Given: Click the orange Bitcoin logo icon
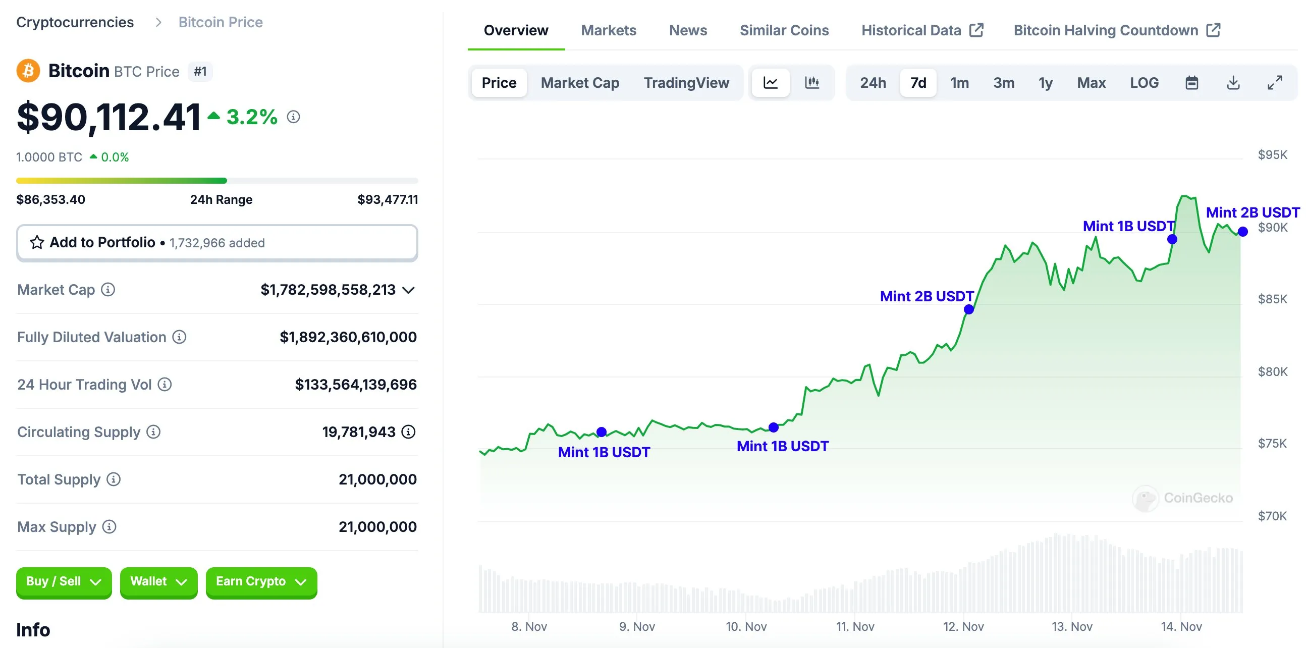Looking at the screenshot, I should tap(28, 71).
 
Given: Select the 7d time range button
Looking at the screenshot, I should tap(917, 83).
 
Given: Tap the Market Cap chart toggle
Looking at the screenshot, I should tap(579, 83).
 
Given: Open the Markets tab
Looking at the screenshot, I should tap(608, 30).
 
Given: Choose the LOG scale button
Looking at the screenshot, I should tap(1144, 83).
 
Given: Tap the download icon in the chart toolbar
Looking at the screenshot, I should tap(1233, 83).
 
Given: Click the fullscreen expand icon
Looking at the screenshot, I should tap(1275, 83).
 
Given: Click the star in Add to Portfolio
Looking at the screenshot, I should tap(37, 242).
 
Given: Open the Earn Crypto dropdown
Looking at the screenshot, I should tap(261, 581).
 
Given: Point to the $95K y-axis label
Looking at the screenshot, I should tap(1272, 154).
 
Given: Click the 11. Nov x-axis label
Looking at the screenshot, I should tap(855, 627).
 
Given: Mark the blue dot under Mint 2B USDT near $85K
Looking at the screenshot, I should tap(969, 309).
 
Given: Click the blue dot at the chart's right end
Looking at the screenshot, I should tap(1242, 232).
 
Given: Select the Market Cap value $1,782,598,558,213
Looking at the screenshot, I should tap(328, 290).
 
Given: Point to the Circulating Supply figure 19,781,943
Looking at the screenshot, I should tap(358, 432).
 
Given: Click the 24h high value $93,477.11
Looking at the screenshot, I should tap(388, 199).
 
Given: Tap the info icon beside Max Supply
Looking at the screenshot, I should tap(109, 527).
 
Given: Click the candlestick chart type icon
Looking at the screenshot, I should tap(811, 83).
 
